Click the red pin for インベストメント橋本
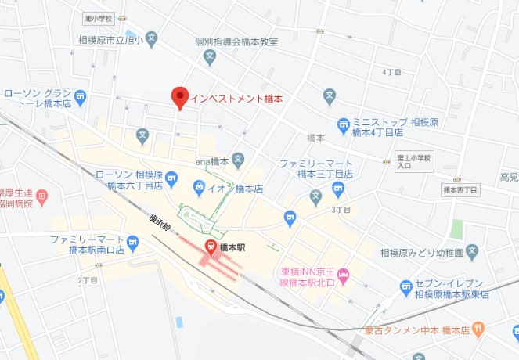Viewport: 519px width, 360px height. tap(179, 97)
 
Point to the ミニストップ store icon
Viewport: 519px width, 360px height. tap(343, 124)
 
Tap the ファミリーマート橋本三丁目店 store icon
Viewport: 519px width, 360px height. tap(337, 188)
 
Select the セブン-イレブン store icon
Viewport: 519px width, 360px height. tap(405, 287)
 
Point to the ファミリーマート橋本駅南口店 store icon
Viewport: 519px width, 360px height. tap(132, 244)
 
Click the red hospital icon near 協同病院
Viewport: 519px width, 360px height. tap(42, 195)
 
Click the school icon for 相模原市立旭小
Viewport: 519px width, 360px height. tap(152, 38)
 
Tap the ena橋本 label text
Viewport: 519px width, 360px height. tap(211, 161)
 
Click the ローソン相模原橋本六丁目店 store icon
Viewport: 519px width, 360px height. tap(171, 180)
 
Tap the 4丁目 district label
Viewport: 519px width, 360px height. tap(391, 72)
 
